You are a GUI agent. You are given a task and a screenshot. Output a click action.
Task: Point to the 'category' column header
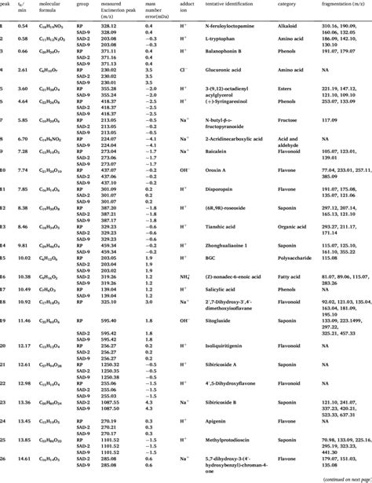292,4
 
